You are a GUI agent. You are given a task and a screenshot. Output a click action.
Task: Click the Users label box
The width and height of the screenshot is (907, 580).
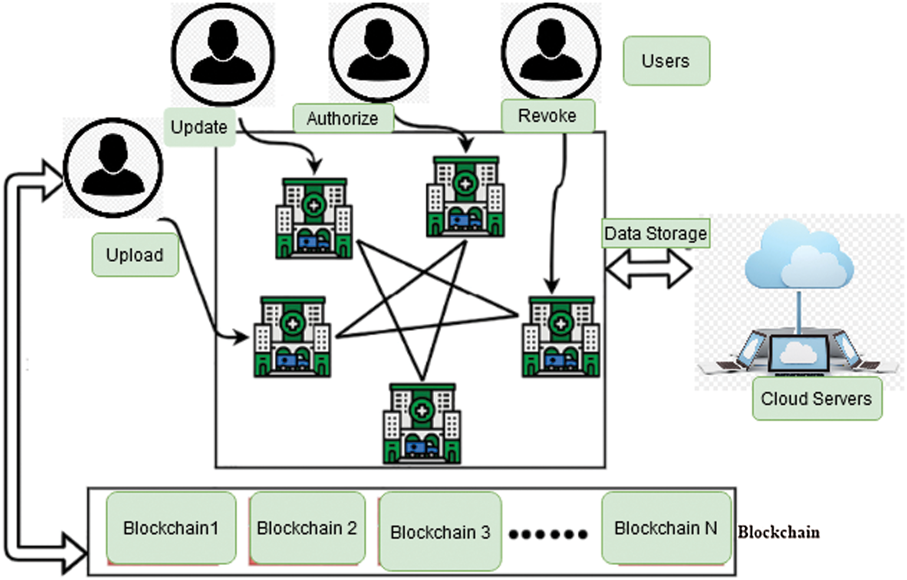pyautogui.click(x=666, y=61)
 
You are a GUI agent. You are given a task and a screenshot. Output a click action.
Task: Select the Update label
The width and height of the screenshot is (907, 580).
pyautogui.click(x=200, y=127)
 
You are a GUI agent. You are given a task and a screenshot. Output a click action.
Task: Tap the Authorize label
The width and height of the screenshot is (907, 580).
pyautogui.click(x=343, y=119)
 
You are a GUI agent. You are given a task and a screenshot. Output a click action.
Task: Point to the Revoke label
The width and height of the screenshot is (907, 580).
pyautogui.click(x=547, y=116)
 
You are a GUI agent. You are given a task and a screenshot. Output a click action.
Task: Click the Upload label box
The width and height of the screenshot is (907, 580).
pyautogui.click(x=135, y=254)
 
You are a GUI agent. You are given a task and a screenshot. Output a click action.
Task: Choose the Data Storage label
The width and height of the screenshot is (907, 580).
pyautogui.click(x=656, y=233)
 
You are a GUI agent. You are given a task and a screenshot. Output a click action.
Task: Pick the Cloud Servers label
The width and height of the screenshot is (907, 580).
pyautogui.click(x=816, y=399)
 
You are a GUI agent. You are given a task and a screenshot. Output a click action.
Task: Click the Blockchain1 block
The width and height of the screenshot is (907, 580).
pyautogui.click(x=171, y=528)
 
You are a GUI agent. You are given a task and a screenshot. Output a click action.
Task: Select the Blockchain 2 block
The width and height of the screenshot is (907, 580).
pyautogui.click(x=307, y=528)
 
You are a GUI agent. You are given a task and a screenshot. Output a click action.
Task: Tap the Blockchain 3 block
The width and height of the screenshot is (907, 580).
pyautogui.click(x=440, y=532)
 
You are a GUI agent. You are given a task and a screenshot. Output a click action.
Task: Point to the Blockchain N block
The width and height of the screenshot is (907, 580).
pyautogui.click(x=666, y=528)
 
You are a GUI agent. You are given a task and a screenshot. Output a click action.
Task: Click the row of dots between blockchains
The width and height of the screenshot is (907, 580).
pyautogui.click(x=548, y=534)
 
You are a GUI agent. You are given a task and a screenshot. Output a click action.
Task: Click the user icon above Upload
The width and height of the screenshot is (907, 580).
pyautogui.click(x=113, y=167)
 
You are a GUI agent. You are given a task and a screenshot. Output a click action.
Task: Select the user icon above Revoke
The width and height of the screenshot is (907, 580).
pyautogui.click(x=551, y=51)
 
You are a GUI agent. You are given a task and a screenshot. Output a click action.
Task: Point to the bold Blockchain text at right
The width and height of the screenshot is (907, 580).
pyautogui.click(x=778, y=532)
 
